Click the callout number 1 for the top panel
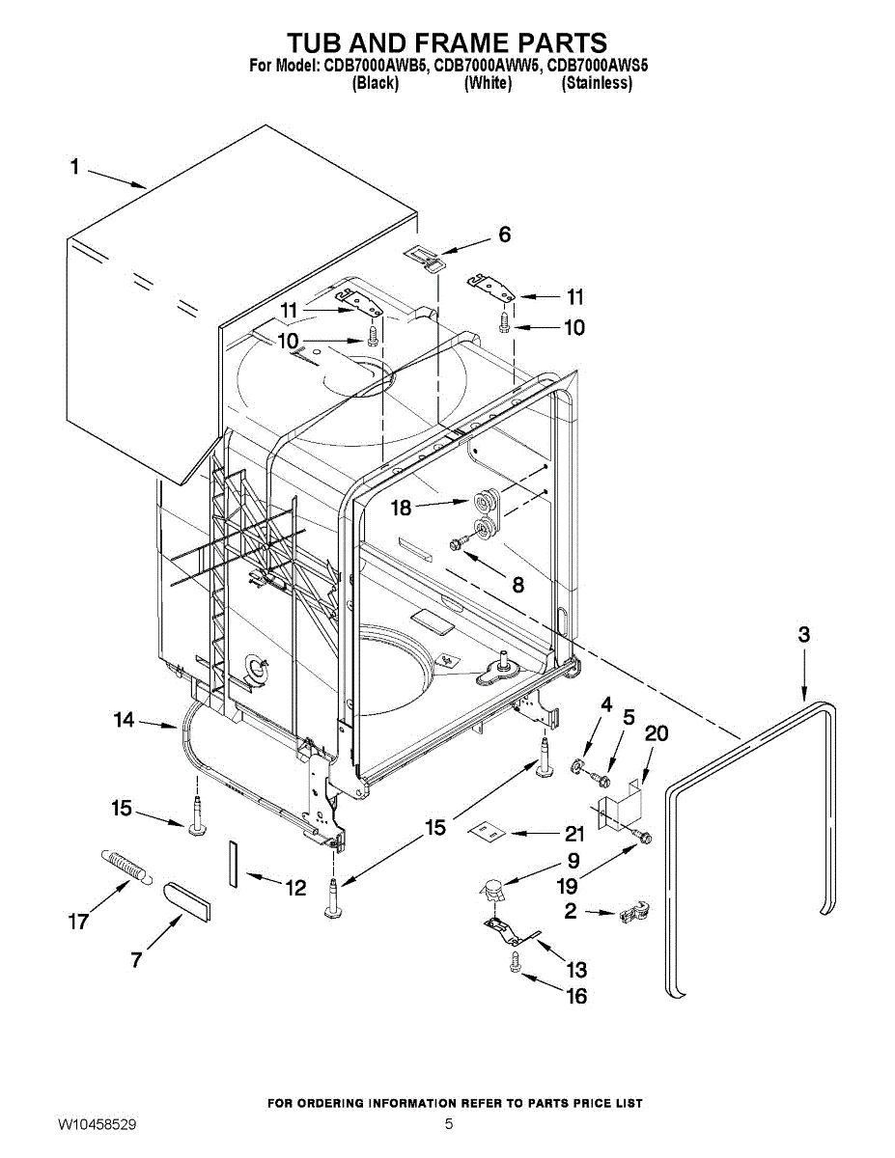pos(74,167)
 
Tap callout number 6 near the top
pos(503,234)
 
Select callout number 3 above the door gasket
pos(803,635)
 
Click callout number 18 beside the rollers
pos(402,508)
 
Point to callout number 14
pos(123,719)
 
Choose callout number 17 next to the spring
pos(79,922)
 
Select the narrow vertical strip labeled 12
pos(233,862)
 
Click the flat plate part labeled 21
pos(488,830)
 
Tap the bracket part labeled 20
pos(618,806)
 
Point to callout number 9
pos(573,861)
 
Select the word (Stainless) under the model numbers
pos(597,83)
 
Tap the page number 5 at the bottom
pos(449,1125)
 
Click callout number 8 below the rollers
pos(518,584)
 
